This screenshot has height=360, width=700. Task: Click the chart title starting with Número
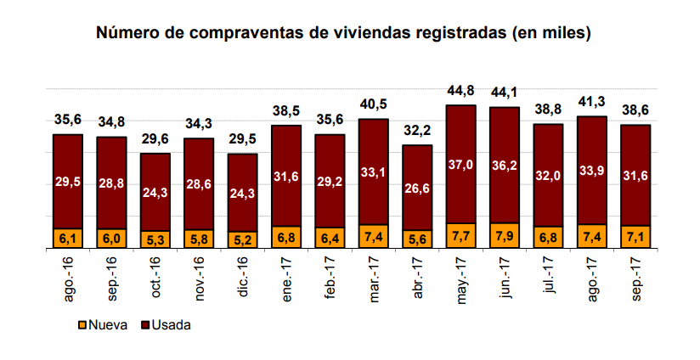click(x=343, y=33)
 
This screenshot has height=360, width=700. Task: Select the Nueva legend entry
click(x=104, y=325)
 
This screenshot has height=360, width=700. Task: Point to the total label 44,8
click(x=460, y=91)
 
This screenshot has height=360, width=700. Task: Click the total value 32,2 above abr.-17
click(x=416, y=132)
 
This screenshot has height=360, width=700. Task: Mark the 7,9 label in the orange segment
click(x=504, y=236)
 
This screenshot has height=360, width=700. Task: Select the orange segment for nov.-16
click(x=198, y=239)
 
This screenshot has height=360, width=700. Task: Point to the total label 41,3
click(x=591, y=102)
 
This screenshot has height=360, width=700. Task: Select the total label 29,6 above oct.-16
click(x=155, y=139)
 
